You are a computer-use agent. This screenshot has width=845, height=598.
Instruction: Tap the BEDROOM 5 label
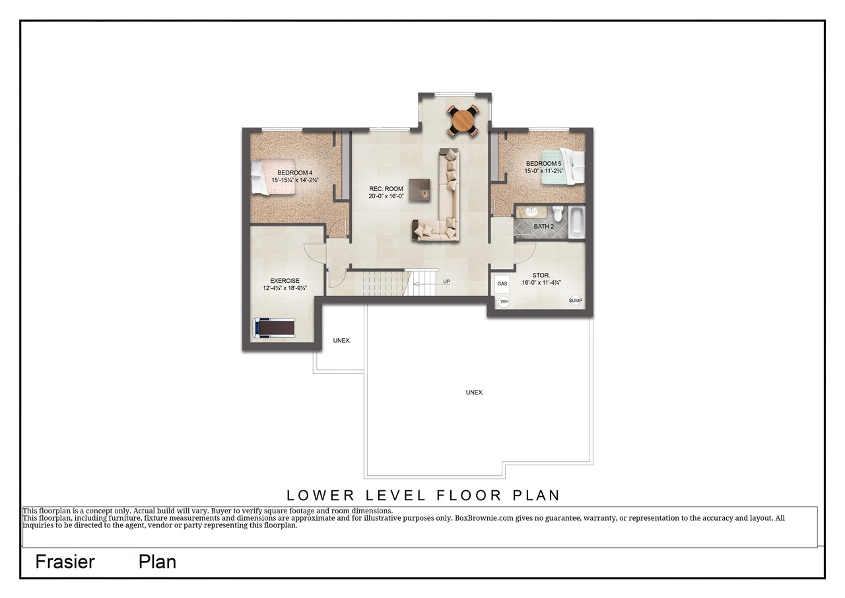click(543, 164)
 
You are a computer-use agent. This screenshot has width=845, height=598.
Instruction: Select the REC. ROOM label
click(386, 189)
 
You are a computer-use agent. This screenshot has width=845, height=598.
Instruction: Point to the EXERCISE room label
click(285, 281)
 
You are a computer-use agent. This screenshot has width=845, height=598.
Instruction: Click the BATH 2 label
click(544, 227)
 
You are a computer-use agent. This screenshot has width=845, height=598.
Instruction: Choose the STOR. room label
click(541, 275)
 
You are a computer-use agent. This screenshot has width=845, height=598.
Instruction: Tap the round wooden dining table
click(462, 121)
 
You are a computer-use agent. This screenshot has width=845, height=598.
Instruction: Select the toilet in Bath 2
click(558, 213)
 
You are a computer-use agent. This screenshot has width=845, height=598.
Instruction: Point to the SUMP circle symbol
click(576, 301)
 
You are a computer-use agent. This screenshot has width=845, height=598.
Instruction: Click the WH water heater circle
click(504, 302)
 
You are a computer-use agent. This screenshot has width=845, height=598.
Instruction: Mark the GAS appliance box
click(502, 283)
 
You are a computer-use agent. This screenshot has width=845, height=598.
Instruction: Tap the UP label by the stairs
click(446, 281)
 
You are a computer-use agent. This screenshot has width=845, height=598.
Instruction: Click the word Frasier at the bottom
click(65, 562)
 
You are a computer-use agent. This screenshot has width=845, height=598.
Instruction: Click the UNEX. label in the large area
click(474, 392)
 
